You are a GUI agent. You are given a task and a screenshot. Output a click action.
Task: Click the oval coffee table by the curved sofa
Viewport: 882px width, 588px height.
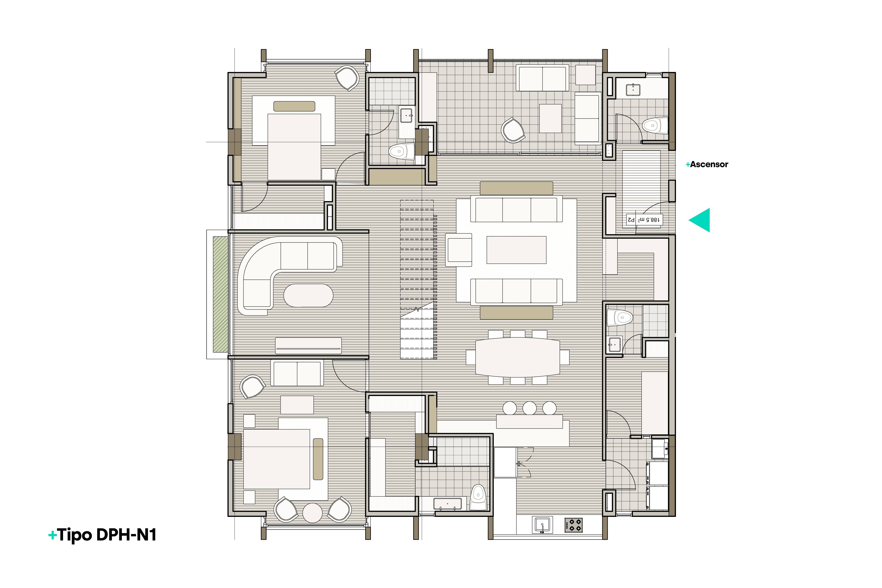point(308,296)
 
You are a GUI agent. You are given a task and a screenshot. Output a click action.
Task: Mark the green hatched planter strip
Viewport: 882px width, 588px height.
point(221,294)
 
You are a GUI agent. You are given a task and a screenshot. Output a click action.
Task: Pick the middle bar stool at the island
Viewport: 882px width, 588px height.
point(529,408)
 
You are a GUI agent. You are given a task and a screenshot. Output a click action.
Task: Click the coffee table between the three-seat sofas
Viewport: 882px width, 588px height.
point(516,250)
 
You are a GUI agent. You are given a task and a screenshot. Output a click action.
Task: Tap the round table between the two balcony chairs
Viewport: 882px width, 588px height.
point(313,513)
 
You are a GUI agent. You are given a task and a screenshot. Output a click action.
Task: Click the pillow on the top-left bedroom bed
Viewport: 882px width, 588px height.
point(294,106)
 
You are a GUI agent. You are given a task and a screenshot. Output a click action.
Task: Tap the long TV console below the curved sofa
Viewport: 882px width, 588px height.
point(308,345)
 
